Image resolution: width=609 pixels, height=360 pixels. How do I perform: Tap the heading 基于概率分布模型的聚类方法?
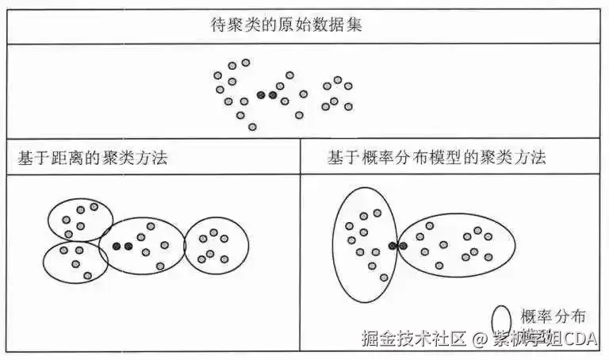pyautogui.click(x=436, y=158)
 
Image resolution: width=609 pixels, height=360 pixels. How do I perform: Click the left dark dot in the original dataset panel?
pyautogui.click(x=261, y=96)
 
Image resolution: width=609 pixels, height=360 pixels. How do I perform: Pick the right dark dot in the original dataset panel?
pyautogui.click(x=273, y=96)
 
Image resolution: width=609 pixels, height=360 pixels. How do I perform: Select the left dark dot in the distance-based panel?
pyautogui.click(x=117, y=247)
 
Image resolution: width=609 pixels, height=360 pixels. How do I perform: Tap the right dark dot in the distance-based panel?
pyautogui.click(x=128, y=247)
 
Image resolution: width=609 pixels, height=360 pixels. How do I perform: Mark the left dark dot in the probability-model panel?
pyautogui.click(x=392, y=247)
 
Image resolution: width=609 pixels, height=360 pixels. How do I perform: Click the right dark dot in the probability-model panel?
pyautogui.click(x=403, y=247)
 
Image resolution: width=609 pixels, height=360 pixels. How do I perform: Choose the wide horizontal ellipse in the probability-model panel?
pyautogui.click(x=457, y=241)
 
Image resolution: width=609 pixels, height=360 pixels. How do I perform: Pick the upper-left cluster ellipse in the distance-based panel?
pyautogui.click(x=79, y=219)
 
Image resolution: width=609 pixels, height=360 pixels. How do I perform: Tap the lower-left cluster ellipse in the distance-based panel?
pyautogui.click(x=75, y=262)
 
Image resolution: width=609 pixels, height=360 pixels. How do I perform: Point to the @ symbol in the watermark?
pyautogui.click(x=478, y=340)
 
